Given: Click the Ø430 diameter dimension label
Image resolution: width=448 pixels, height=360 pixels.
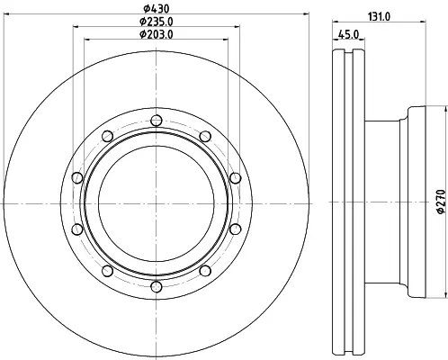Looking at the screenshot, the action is [x=156, y=9].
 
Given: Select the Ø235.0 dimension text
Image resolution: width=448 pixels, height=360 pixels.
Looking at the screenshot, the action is [x=157, y=22].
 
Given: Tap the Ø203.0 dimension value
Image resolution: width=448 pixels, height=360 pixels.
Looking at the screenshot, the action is [x=157, y=34].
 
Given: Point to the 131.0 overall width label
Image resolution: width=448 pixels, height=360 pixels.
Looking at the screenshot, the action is [x=379, y=17].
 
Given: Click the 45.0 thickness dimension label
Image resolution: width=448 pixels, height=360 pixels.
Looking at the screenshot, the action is [x=348, y=34].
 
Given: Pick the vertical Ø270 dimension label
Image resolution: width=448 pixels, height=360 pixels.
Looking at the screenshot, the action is [x=441, y=202].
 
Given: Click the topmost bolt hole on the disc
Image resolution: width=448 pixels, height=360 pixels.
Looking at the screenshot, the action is [x=157, y=121].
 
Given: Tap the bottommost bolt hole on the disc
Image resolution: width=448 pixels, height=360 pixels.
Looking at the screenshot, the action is [x=157, y=287].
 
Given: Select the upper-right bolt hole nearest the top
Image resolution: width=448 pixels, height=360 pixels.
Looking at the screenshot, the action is [x=205, y=137].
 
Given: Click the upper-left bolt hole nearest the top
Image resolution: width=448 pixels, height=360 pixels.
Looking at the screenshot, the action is [x=107, y=136].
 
